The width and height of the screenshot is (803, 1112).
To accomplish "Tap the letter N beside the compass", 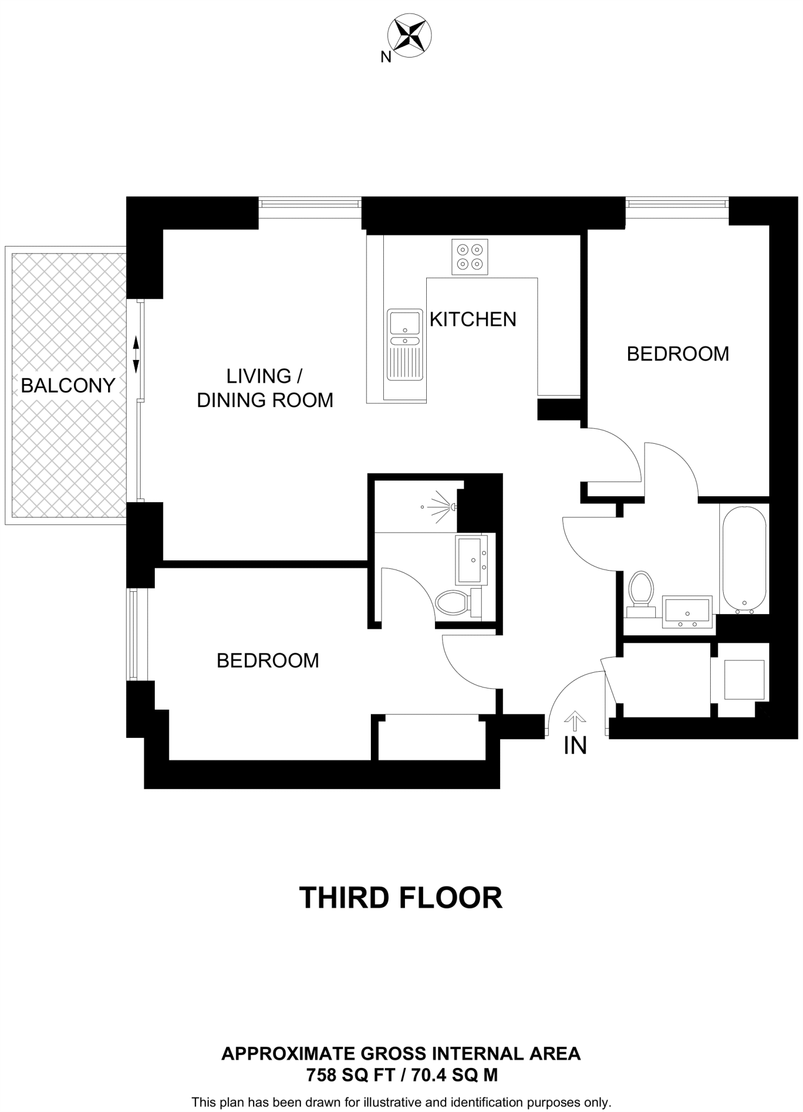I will (385, 57).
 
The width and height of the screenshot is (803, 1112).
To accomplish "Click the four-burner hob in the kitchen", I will (470, 257).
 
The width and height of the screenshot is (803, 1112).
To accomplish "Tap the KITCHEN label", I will (472, 319).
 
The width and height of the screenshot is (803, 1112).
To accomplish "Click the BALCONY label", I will (68, 386).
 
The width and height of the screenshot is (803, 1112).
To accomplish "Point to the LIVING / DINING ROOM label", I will (265, 388).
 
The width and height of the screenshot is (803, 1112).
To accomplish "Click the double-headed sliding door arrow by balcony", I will (136, 354).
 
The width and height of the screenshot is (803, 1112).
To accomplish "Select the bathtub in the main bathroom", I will (744, 559).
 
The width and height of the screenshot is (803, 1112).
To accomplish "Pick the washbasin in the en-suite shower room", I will (472, 559).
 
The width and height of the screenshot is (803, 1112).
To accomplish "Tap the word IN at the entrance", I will (575, 747).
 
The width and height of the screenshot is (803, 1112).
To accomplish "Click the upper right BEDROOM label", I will (678, 354).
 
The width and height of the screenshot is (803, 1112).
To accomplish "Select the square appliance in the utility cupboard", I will (744, 679).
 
